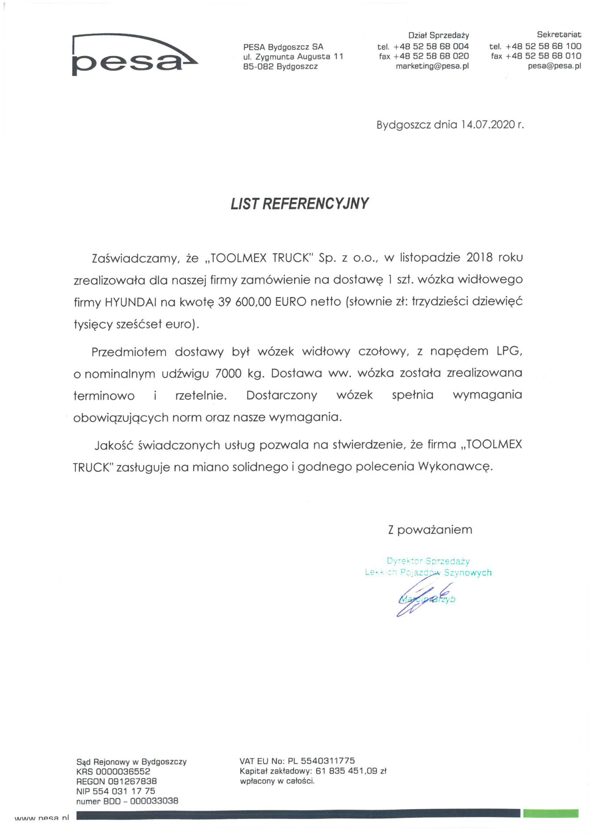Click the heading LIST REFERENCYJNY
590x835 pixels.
pos(299,204)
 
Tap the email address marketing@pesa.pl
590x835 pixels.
pos(432,66)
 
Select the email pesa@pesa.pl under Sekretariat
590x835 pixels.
pos(554,66)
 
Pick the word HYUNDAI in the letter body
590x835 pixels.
pos(130,302)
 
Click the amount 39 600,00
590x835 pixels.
pos(244,302)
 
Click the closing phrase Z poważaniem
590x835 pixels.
pos(430,530)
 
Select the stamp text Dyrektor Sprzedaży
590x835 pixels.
pos(428,561)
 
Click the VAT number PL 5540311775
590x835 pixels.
pos(321,761)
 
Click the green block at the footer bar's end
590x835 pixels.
pos(550,813)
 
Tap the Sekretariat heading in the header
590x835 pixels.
pos(558,35)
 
